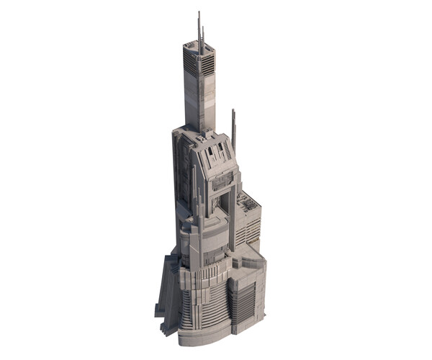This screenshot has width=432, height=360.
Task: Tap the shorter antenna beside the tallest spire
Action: tap(203, 36)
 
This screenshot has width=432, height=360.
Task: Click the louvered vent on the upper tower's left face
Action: tap(191, 63)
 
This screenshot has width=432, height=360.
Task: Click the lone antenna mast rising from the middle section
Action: tap(233, 130)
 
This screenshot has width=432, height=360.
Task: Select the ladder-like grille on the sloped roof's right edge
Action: tap(227, 150)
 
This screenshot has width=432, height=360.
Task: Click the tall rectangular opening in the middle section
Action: tap(223, 202)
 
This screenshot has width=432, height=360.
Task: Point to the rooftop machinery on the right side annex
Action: tap(249, 204)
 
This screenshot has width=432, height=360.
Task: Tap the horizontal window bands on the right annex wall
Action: tap(252, 230)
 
